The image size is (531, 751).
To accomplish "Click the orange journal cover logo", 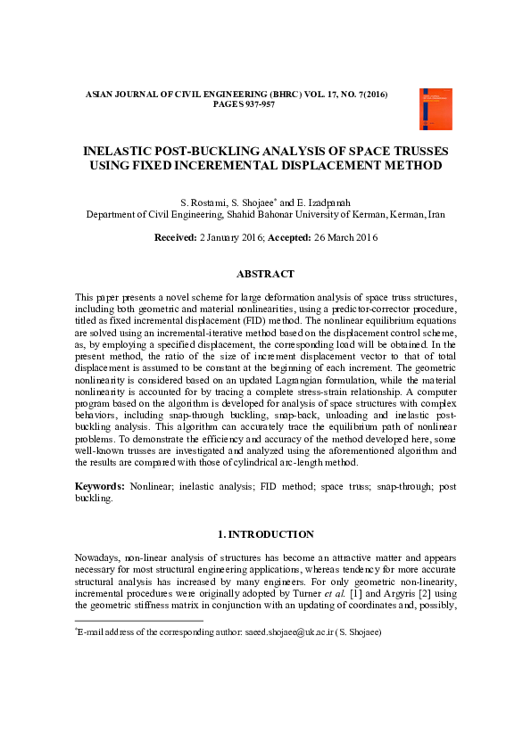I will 436,108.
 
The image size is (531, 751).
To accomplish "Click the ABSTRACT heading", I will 265,274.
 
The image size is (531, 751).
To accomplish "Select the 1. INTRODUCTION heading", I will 265,534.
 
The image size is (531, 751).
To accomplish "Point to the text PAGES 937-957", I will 244,104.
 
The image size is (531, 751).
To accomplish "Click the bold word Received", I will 174,237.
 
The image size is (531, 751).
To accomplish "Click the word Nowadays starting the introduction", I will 98,557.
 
